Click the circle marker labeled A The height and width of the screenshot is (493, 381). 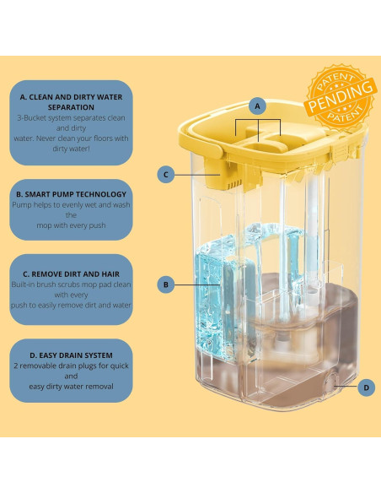(258, 106)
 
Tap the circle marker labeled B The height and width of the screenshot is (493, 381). (166, 284)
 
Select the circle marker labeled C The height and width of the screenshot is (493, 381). (166, 175)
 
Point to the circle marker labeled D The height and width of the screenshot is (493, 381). (367, 387)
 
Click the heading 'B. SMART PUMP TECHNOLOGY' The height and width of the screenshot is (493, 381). (72, 194)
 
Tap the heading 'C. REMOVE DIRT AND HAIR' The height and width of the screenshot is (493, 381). (72, 274)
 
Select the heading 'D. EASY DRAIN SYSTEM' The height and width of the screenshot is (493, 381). (72, 355)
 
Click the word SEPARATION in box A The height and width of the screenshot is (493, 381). (72, 107)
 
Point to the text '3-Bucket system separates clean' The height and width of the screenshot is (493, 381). (72, 118)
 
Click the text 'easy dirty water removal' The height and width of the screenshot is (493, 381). (72, 387)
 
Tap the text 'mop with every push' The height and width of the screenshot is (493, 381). (72, 225)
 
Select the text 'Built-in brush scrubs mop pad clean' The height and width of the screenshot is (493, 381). (72, 284)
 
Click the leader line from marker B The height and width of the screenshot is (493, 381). (196, 284)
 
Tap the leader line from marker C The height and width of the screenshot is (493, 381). (196, 175)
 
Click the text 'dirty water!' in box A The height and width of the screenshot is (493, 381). (72, 149)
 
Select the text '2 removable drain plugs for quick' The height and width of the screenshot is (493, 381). (72, 366)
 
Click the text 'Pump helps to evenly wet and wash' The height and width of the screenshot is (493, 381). (72, 205)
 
